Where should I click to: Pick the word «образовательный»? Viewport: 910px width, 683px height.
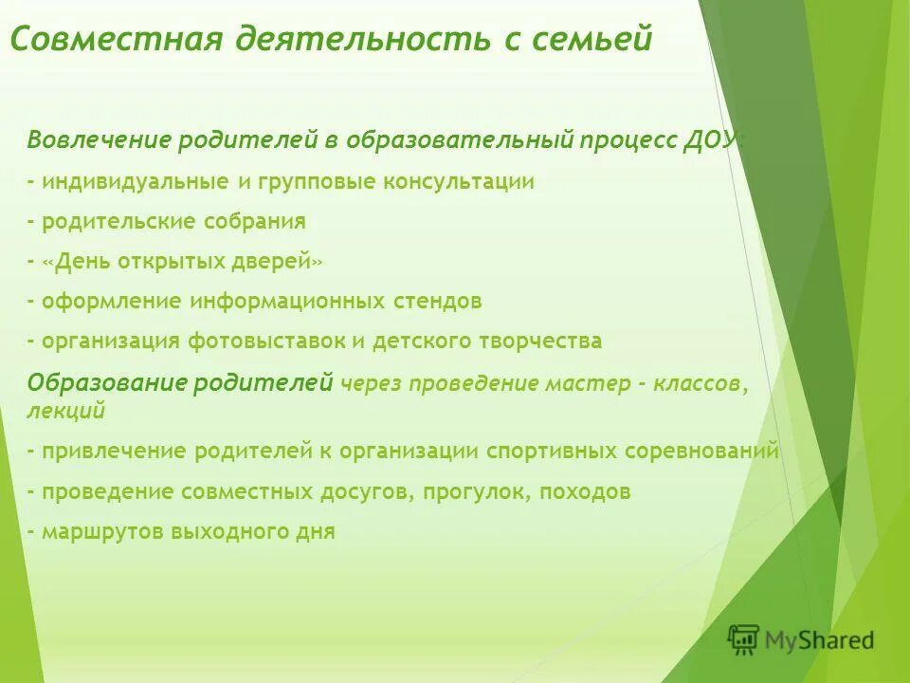(x=460, y=141)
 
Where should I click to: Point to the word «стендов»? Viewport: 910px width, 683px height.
(x=438, y=302)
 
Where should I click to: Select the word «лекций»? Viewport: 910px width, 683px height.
(x=65, y=411)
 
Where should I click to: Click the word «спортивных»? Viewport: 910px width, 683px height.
(x=552, y=452)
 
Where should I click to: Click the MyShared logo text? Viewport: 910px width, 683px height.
(x=819, y=640)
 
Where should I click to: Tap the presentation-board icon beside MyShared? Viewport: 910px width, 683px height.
(x=744, y=640)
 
